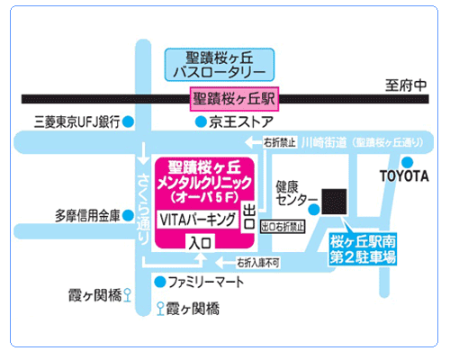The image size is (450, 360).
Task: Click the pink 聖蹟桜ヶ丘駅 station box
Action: click(x=234, y=99)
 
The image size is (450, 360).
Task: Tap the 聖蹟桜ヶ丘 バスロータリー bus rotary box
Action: click(x=220, y=65)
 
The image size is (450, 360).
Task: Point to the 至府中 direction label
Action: click(x=406, y=85)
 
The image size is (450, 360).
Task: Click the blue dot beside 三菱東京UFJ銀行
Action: click(x=129, y=121)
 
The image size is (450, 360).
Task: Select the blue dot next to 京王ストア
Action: click(x=201, y=121)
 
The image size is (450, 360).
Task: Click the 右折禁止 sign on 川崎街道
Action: click(x=279, y=142)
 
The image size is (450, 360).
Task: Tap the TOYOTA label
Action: click(x=404, y=176)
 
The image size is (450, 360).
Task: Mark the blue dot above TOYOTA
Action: click(x=407, y=162)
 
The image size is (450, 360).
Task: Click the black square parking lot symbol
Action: click(x=334, y=202)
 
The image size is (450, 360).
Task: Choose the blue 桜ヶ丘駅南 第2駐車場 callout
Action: click(x=363, y=249)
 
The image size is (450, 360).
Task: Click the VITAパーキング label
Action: click(x=198, y=220)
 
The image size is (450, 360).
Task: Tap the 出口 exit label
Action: click(x=249, y=217)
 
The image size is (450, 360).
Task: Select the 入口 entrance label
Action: click(x=200, y=242)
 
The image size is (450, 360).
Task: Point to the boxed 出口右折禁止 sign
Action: click(x=283, y=227)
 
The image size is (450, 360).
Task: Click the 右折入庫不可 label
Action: click(x=258, y=263)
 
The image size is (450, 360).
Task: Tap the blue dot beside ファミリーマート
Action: click(x=160, y=282)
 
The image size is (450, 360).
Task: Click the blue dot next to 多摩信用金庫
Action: click(x=129, y=215)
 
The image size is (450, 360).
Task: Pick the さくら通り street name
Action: click(x=143, y=209)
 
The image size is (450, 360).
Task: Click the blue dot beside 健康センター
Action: click(x=314, y=209)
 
